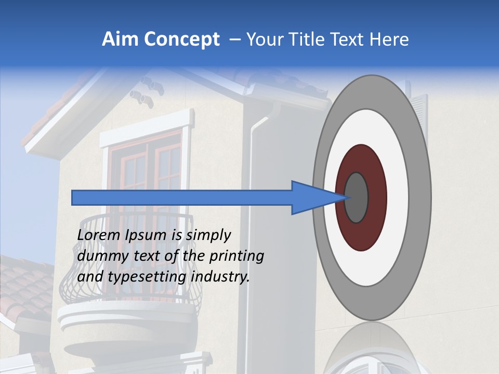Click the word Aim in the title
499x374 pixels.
click(120, 39)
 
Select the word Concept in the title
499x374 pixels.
click(181, 39)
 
